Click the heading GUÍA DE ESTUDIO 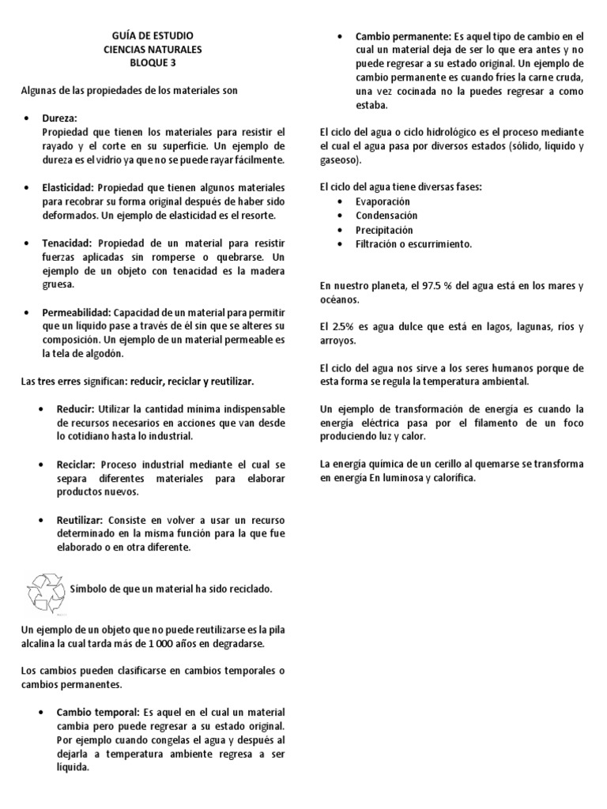tap(153, 36)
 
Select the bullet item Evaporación tap(383, 201)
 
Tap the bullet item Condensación tap(386, 216)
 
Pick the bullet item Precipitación tap(384, 230)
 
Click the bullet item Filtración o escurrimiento tap(413, 244)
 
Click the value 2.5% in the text tap(342, 327)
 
